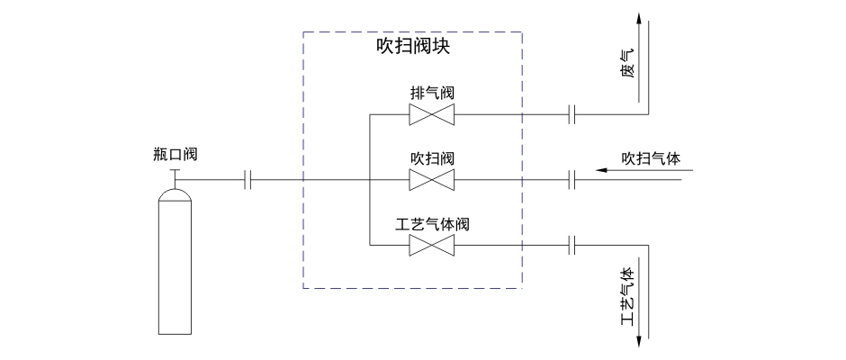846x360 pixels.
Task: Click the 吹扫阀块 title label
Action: (412, 47)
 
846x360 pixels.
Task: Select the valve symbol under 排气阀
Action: (431, 114)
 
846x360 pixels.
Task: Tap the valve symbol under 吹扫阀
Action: (431, 179)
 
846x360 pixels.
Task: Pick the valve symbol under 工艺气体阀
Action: (431, 245)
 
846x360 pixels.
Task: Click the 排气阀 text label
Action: (431, 93)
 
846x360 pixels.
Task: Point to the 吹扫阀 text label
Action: (431, 158)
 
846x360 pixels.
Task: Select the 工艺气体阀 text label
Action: (432, 223)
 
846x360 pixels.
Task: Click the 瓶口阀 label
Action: (175, 154)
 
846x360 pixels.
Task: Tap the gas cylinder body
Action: (175, 270)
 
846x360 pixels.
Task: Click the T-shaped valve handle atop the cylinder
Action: (175, 173)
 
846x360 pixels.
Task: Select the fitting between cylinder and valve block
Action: (248, 180)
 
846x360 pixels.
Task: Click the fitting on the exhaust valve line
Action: (571, 114)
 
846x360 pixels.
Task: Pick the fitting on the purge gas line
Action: (571, 179)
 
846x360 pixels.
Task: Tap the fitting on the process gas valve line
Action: (571, 245)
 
